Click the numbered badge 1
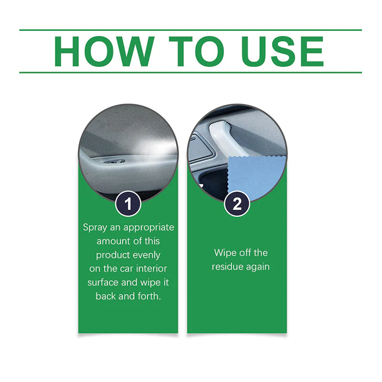128,204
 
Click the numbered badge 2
237,204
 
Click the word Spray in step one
95,227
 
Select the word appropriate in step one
148,227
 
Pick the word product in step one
113,255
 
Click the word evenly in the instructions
147,255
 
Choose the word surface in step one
103,282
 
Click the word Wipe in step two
225,253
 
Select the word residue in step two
228,266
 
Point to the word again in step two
258,266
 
